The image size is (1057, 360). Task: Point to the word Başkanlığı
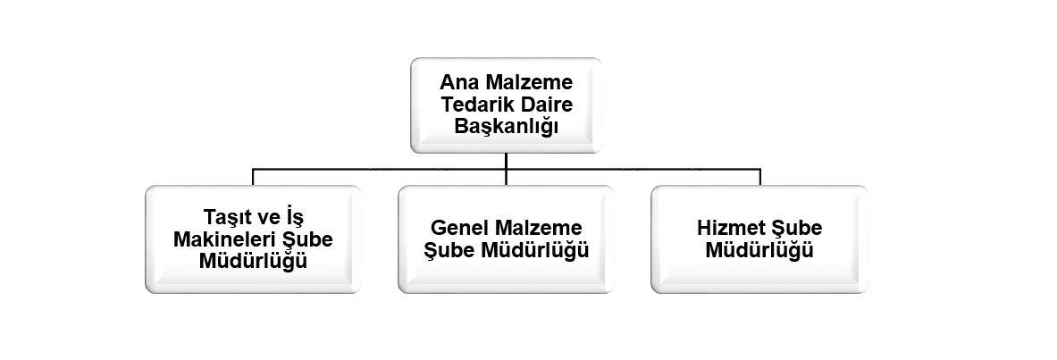click(x=507, y=127)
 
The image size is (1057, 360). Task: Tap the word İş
click(x=295, y=217)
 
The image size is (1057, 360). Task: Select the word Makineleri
click(x=224, y=239)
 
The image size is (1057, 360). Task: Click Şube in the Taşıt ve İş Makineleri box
click(x=307, y=240)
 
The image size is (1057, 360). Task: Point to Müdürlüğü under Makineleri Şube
click(x=253, y=260)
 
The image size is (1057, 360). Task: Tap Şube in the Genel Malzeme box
click(x=449, y=250)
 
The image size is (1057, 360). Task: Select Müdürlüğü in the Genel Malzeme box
click(x=534, y=249)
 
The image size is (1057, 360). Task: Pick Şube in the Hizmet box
click(x=797, y=228)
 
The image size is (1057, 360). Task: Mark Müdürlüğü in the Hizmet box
click(x=759, y=249)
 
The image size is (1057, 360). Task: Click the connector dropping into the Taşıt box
click(x=253, y=177)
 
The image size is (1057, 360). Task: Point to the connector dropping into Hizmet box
click(x=760, y=177)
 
